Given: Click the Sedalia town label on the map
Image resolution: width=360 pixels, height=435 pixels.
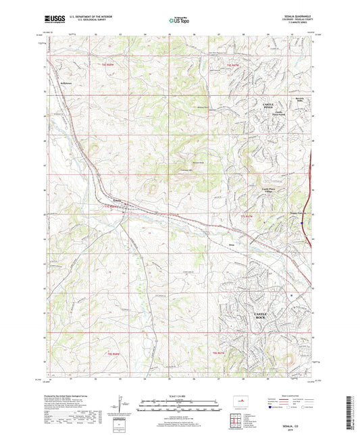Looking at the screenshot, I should pyautogui.click(x=117, y=201).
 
